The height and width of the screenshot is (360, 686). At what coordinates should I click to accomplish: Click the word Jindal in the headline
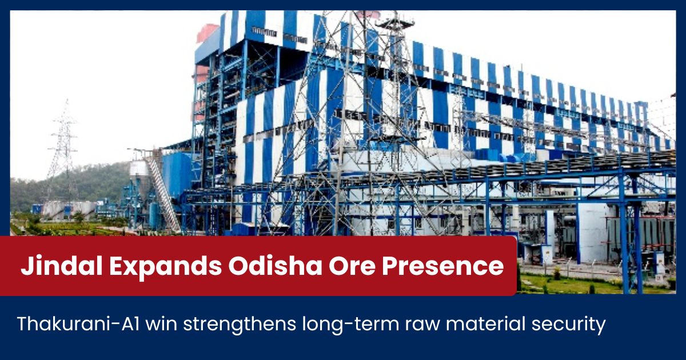pyautogui.click(x=62, y=266)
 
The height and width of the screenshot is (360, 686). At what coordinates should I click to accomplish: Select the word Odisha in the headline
pyautogui.click(x=275, y=266)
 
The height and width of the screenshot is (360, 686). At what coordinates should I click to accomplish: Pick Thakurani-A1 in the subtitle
pyautogui.click(x=78, y=323)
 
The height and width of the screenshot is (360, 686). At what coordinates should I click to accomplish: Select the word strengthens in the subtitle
pyautogui.click(x=240, y=325)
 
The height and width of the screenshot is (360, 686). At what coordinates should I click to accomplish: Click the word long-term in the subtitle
pyautogui.click(x=350, y=325)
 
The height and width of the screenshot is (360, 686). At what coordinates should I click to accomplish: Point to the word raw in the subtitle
pyautogui.click(x=422, y=326)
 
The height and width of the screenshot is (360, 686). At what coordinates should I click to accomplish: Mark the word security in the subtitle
pyautogui.click(x=569, y=325)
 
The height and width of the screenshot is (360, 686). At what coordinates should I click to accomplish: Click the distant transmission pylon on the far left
pyautogui.click(x=63, y=147)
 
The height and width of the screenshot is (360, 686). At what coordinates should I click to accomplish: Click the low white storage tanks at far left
pyautogui.click(x=69, y=210)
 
